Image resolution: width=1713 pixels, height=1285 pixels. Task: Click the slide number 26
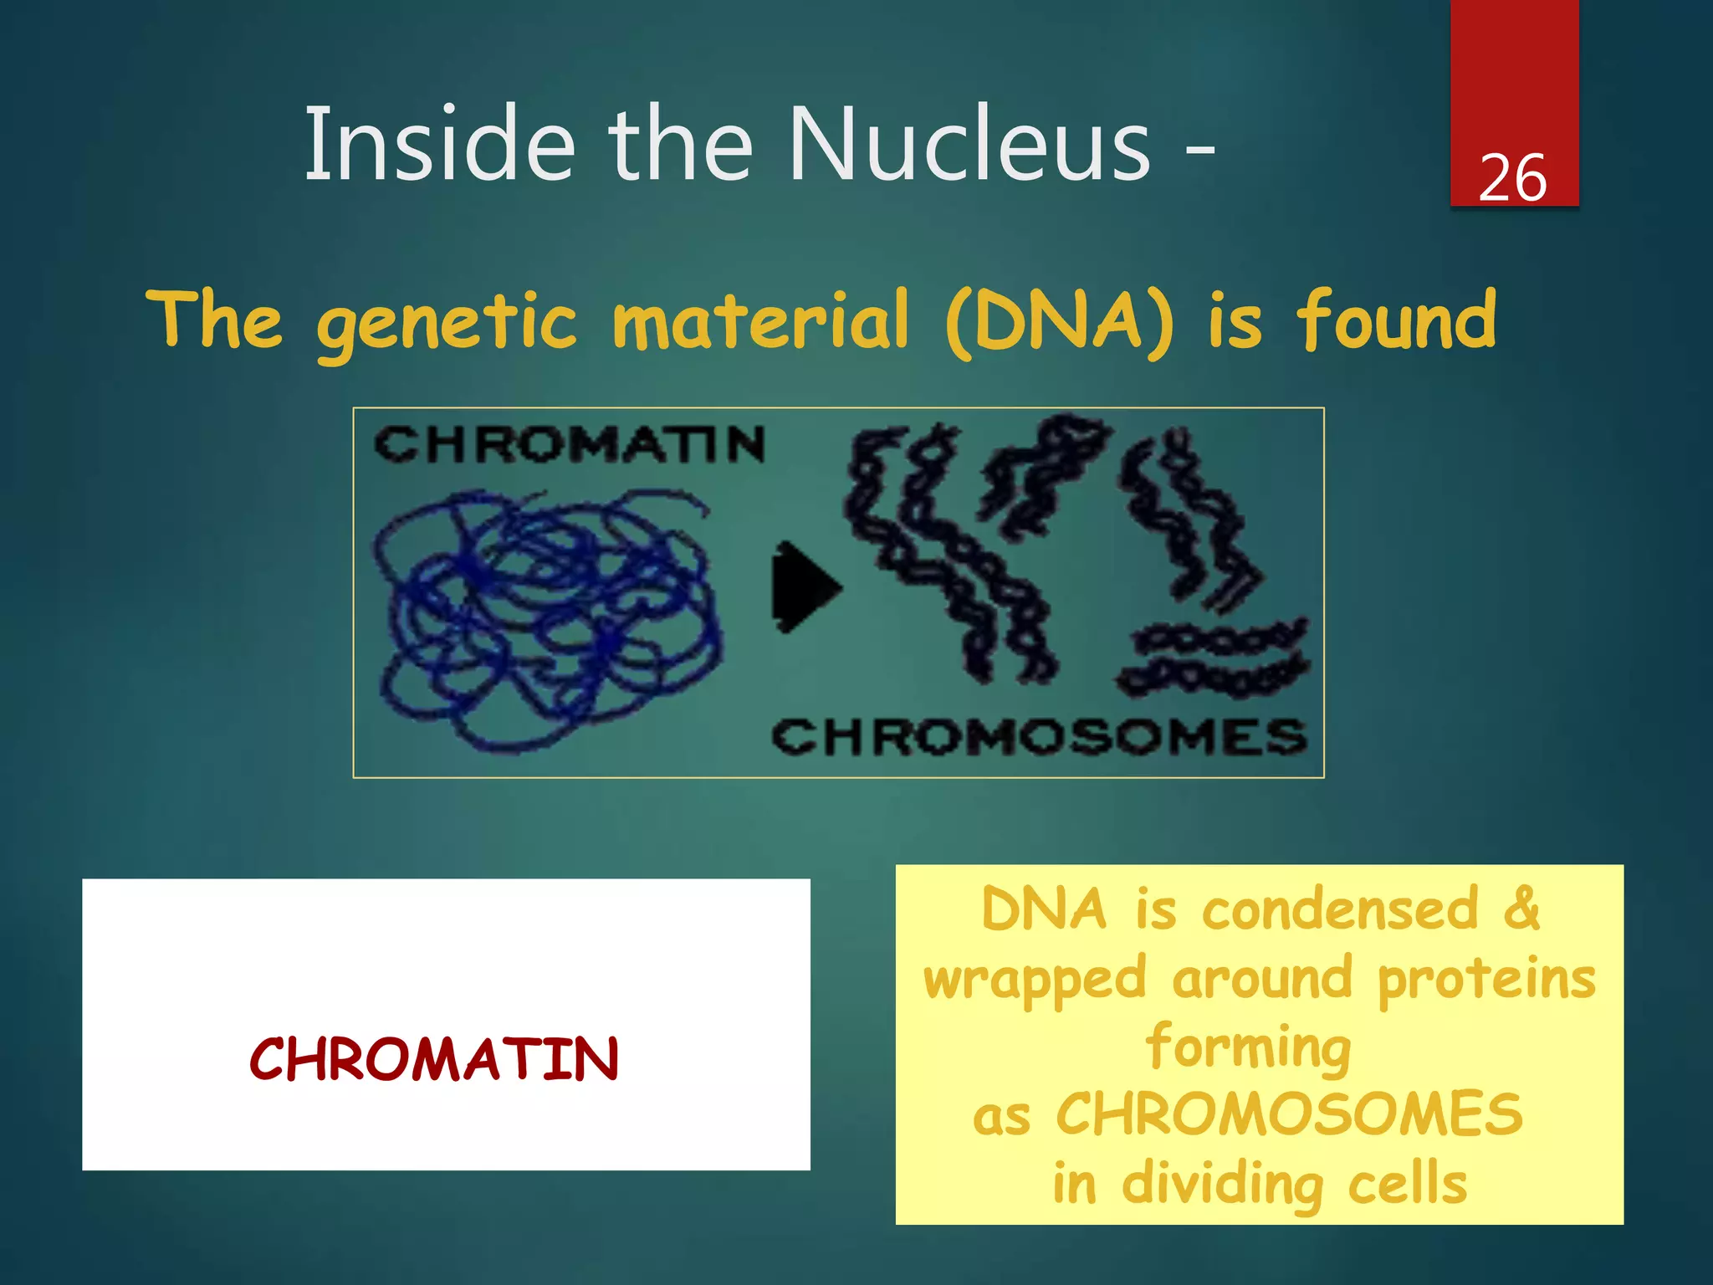(1512, 178)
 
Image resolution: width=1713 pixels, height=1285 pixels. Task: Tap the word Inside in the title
(440, 144)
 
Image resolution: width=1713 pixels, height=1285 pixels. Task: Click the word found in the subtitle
(1396, 320)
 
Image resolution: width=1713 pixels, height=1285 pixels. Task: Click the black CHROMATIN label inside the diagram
(569, 444)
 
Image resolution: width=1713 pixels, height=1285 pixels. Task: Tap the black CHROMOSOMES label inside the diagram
(1038, 737)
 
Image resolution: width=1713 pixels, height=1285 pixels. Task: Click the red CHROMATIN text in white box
(434, 1059)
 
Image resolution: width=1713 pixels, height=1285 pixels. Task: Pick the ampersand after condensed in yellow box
(1521, 909)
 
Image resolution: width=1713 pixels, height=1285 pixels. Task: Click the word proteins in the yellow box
(1486, 979)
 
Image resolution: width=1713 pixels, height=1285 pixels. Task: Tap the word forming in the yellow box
(1249, 1047)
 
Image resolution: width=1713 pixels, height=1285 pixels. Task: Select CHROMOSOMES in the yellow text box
(1289, 1114)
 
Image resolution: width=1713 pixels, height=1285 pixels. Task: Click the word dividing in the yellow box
(1222, 1185)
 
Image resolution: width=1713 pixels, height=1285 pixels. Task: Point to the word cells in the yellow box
(1407, 1185)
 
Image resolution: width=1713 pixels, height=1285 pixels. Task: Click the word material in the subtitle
(760, 320)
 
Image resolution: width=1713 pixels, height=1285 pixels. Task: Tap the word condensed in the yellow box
(1340, 909)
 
